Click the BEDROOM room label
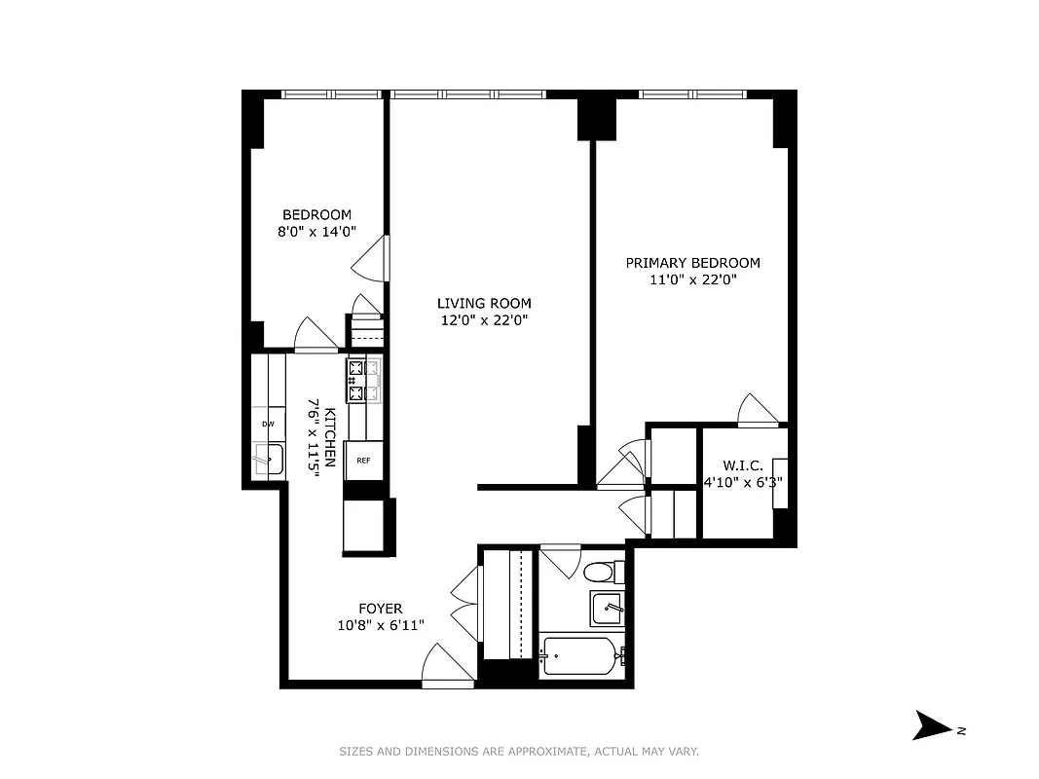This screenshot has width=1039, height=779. coord(316,215)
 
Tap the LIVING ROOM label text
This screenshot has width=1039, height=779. coord(484,303)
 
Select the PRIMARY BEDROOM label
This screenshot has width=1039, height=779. coord(692,263)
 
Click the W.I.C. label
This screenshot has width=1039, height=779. coord(742,465)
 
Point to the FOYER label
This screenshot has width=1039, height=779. coord(380,609)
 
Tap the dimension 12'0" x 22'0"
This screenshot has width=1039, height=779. coord(484,319)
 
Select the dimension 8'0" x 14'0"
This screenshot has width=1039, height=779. coord(316,232)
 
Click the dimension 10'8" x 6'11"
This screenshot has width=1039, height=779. coord(380,625)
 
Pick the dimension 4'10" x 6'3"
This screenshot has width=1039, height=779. coord(744,481)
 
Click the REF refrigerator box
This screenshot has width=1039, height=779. coord(362,461)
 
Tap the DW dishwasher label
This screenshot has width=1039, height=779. coord(268,425)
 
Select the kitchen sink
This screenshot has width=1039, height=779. coord(268,459)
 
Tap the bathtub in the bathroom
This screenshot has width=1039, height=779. coord(581,656)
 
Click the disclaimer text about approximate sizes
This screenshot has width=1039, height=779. coord(519,751)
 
